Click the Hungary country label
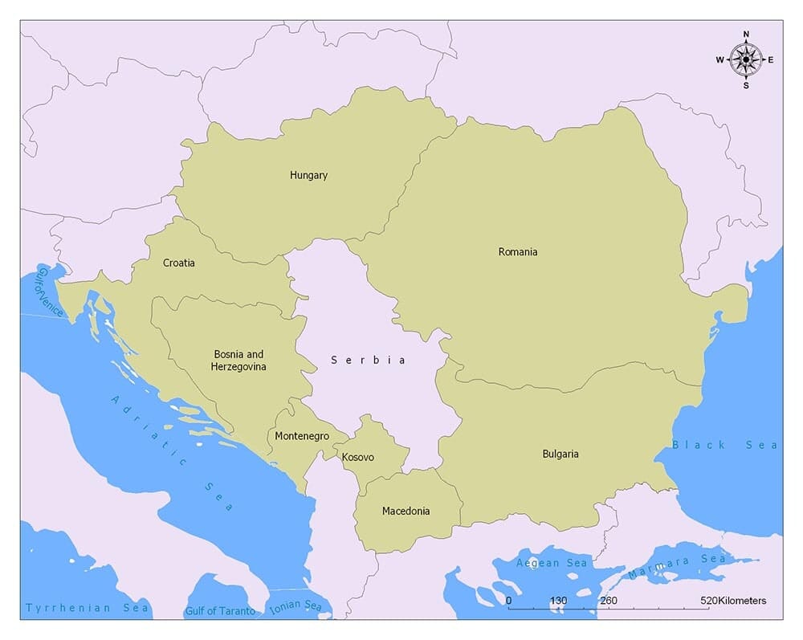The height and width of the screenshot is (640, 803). [x=308, y=175]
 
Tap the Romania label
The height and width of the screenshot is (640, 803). [x=518, y=252]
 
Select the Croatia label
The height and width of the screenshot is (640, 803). [x=178, y=263]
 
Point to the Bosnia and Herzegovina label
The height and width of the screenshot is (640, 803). [x=238, y=360]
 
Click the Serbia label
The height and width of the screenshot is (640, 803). [x=369, y=361]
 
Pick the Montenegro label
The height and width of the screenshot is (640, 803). [x=302, y=436]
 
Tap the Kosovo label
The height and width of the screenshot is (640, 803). [x=357, y=457]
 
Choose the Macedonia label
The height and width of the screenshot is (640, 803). [x=406, y=511]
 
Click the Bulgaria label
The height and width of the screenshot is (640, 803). [x=560, y=455]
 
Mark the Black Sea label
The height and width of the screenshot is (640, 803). [x=724, y=445]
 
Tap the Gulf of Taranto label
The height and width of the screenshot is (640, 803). [x=220, y=611]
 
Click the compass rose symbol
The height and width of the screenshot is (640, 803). [x=746, y=59]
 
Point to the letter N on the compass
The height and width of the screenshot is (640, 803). [x=746, y=35]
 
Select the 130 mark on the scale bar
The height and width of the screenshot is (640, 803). [x=558, y=601]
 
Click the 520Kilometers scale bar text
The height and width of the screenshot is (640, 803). [x=732, y=601]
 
